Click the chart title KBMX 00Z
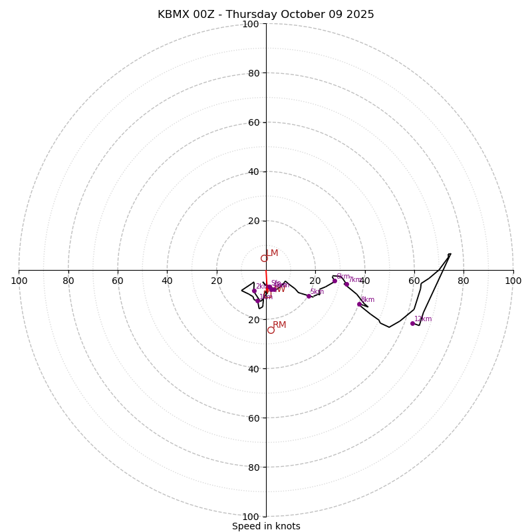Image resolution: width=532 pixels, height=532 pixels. coord(266,15)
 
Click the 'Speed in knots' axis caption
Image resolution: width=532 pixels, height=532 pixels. coord(266,526)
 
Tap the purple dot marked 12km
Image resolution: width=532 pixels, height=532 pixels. coord(412,323)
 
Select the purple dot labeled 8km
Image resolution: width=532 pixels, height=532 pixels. coord(359,304)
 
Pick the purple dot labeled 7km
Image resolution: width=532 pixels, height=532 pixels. coord(346,284)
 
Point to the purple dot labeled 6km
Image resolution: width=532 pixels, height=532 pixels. coord(334,281)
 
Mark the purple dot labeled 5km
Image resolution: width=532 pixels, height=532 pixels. coord(309,296)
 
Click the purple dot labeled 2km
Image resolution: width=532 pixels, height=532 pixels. coord(254,291)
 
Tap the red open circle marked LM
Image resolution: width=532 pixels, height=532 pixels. coord(264,258)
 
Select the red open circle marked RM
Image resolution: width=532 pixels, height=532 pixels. coord(271,330)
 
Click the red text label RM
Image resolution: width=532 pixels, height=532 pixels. coord(279,325)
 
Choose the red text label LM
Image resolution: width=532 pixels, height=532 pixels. coord(272,253)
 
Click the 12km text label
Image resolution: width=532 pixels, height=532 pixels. coord(423,319)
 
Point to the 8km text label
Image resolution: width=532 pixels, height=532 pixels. coord(368,299)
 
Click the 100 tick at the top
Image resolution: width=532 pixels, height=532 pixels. coord(251,24)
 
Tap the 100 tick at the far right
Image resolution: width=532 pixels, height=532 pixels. coord(513,281)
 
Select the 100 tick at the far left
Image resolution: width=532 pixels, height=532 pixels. coord(19,281)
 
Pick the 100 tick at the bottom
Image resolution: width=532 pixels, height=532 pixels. coord(251,517)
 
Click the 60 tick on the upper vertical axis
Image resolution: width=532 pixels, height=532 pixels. coord(253,122)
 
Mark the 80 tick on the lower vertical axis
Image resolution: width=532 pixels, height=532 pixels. coord(253,467)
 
